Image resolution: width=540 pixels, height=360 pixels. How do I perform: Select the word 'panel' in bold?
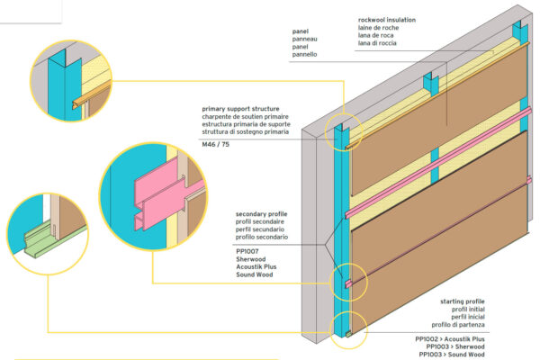(x=301, y=31)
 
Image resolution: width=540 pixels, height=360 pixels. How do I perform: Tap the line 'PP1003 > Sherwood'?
(x=457, y=347)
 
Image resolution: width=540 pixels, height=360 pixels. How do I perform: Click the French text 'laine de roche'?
(x=378, y=27)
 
